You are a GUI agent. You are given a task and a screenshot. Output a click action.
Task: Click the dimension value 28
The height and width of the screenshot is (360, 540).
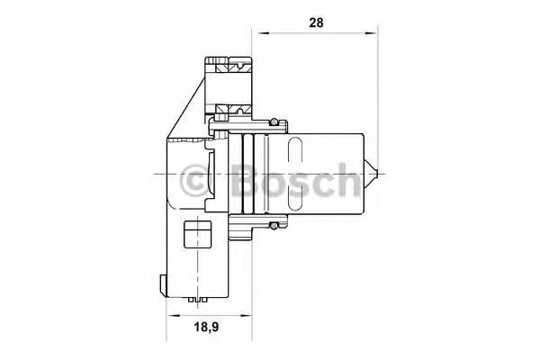tap(316, 22)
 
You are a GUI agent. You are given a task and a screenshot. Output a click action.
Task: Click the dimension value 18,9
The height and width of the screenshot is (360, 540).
tap(207, 327)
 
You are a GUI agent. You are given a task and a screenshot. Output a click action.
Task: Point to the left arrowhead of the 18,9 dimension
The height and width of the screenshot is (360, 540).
tap(172, 315)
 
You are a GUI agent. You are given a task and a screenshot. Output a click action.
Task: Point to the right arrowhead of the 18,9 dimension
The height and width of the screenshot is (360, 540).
tap(246, 315)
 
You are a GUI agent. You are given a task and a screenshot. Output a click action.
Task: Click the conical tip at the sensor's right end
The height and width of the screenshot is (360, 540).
tap(371, 174)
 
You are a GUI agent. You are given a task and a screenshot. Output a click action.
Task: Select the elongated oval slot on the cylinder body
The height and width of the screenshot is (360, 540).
tap(294, 174)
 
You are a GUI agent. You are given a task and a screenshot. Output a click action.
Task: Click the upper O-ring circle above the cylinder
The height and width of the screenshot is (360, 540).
tap(274, 121)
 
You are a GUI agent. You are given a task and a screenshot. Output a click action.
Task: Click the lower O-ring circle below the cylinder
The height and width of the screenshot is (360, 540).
tap(274, 226)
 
